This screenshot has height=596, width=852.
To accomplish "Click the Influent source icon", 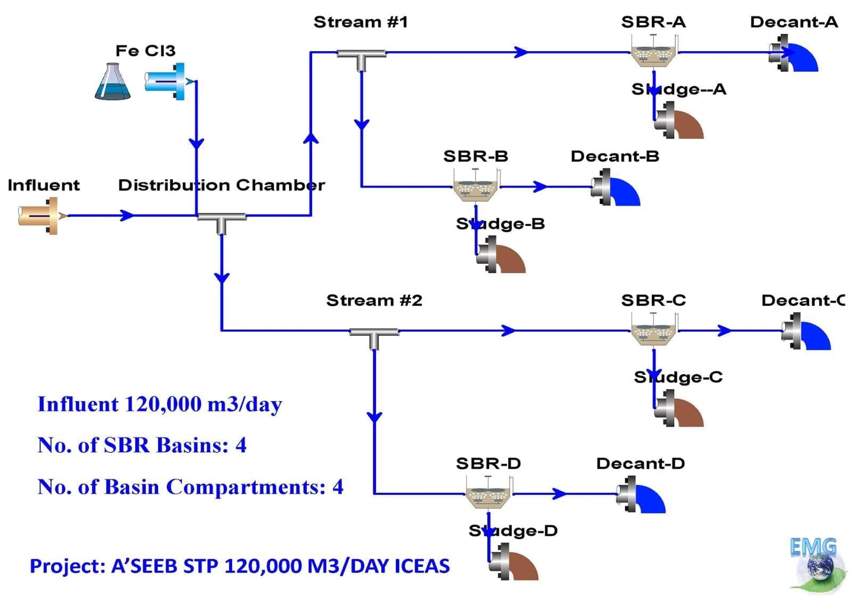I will pyautogui.click(x=38, y=216).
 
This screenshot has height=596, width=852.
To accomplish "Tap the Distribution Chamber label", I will pyautogui.click(x=221, y=185).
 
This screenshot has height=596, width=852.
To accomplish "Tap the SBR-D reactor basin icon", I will pyautogui.click(x=488, y=494).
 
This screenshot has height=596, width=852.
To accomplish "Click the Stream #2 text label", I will pyautogui.click(x=374, y=300).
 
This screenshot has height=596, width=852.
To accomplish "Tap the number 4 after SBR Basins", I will pyautogui.click(x=241, y=445).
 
